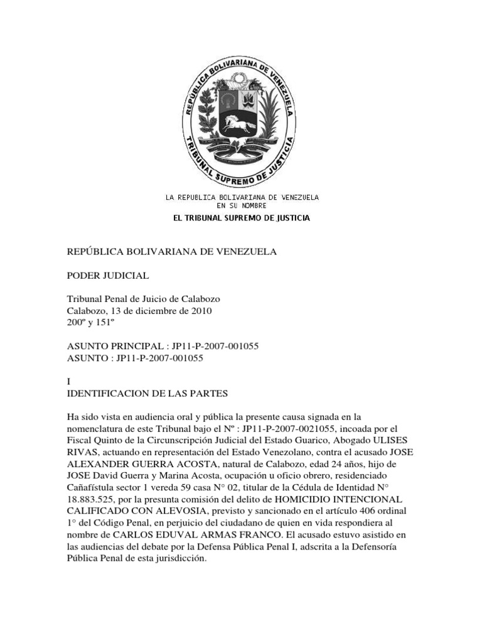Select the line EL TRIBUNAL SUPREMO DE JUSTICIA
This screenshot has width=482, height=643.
point(241,218)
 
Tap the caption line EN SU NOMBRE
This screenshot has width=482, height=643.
point(242,205)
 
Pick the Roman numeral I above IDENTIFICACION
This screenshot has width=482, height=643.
point(68,382)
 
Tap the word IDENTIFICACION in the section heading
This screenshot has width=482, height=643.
point(109,394)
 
